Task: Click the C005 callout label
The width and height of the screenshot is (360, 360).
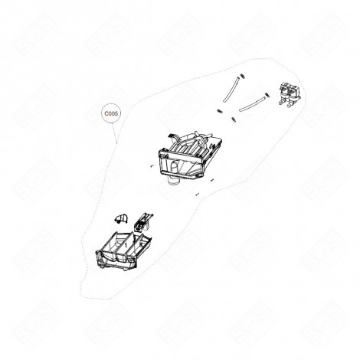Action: tap(112, 113)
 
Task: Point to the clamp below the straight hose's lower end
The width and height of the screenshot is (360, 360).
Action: tap(219, 112)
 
